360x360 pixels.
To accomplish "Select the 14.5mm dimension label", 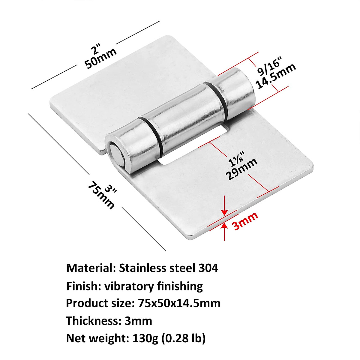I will (276, 76).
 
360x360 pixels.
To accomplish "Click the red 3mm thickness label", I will (245, 221).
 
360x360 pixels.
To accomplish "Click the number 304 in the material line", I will (208, 268).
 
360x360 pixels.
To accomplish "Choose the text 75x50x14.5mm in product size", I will (179, 303).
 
